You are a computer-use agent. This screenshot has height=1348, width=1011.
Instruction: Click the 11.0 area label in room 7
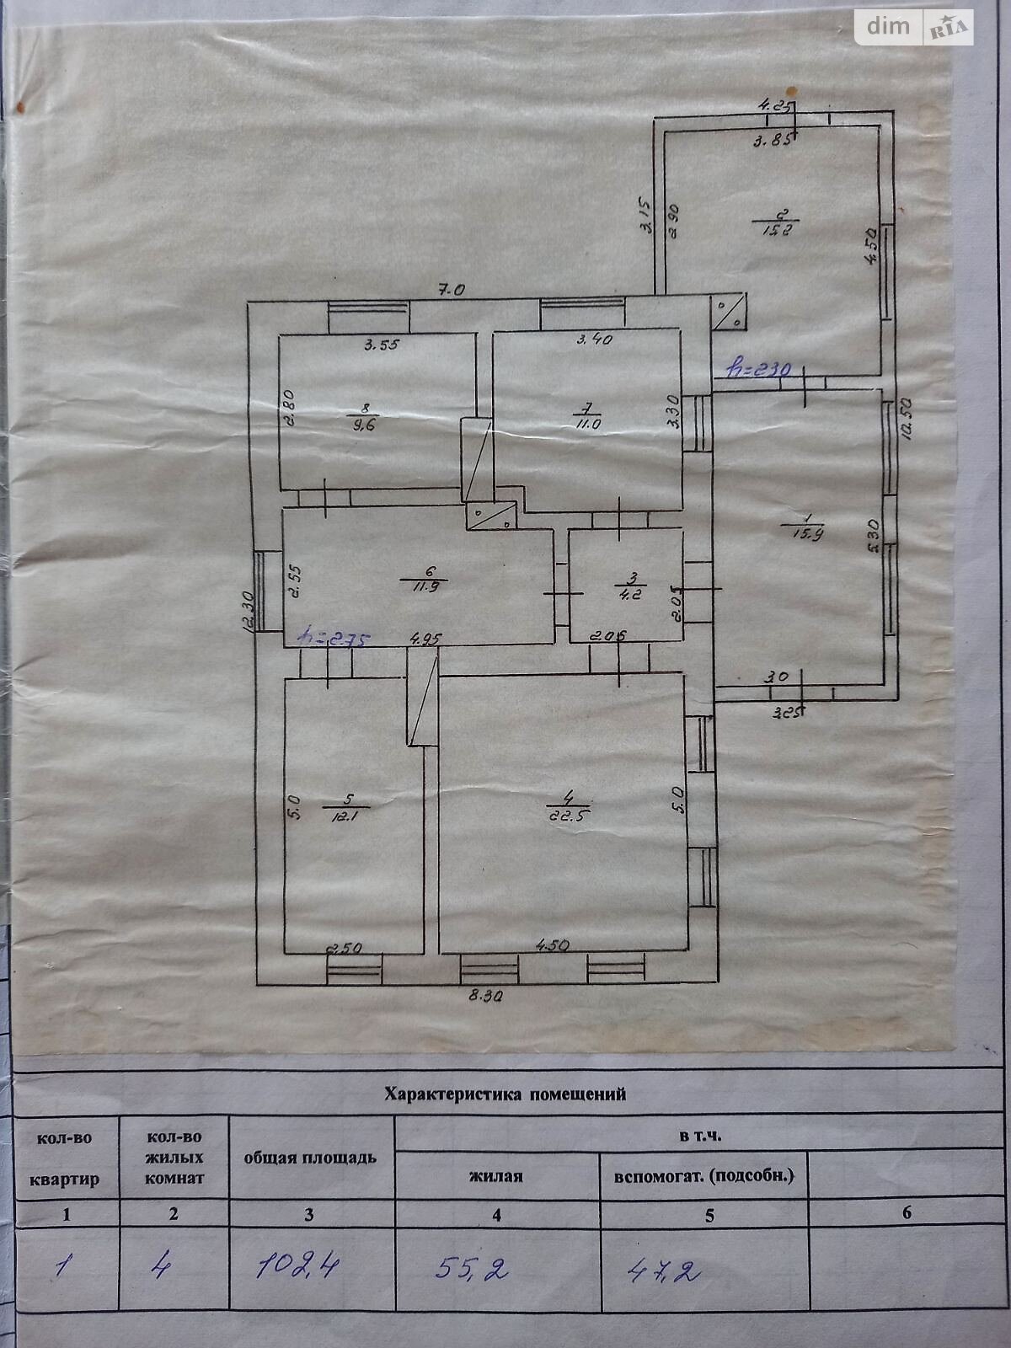[587, 424]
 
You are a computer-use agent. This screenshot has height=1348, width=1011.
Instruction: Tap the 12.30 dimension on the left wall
[246, 611]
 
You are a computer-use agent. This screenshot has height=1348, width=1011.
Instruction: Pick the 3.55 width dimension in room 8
[381, 344]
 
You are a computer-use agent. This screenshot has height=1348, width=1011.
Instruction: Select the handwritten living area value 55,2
[472, 1268]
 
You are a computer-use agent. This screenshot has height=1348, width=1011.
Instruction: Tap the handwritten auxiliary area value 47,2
[664, 1270]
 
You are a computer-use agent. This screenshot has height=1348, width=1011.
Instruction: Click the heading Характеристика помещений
[505, 1094]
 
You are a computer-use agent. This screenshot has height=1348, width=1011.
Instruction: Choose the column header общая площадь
[310, 1157]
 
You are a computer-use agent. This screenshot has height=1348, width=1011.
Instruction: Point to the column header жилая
[496, 1175]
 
